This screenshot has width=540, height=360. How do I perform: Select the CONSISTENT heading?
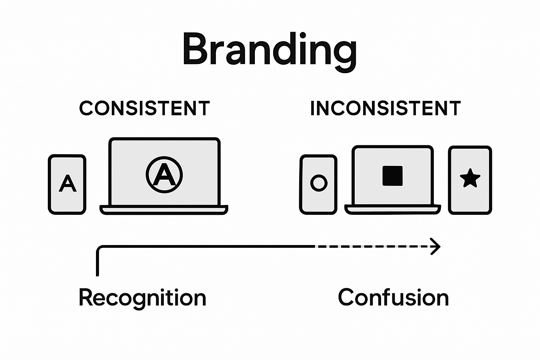pos(144,108)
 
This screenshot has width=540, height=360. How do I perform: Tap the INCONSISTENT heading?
pos(385,108)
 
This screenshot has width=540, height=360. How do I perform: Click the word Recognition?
pos(142,298)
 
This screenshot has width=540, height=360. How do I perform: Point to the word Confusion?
pos(393,298)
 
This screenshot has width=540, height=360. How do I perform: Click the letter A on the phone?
pos(67,184)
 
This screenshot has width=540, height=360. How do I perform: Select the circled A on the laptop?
pos(164,175)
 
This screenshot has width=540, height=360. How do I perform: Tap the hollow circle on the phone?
pos(319,183)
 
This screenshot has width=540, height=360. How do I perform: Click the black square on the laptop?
pos(393,176)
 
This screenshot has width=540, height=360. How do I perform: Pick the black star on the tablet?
pos(470,179)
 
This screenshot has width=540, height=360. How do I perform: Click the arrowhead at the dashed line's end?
pos(436,246)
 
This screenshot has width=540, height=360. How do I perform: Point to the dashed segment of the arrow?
pos(373,247)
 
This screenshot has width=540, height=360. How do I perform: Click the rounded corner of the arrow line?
pos(99,249)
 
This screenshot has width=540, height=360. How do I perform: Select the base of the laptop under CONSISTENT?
pos(164,210)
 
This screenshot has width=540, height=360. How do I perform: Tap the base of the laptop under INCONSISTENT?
pos(393,210)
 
